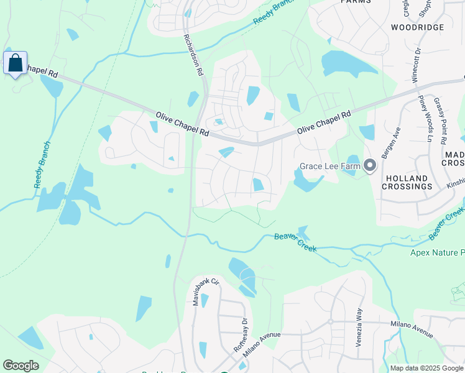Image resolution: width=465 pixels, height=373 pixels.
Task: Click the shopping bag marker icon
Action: click(x=15, y=63)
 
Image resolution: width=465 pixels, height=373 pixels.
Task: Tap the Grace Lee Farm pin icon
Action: click(x=371, y=165)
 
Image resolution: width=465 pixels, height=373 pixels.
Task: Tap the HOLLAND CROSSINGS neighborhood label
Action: click(x=407, y=182)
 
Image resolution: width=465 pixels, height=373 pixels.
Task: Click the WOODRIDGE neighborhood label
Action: click(x=418, y=27)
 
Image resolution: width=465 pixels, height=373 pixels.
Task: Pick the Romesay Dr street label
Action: click(x=239, y=336)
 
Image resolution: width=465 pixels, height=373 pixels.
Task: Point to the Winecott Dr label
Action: click(x=416, y=64)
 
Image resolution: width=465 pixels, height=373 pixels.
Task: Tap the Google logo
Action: click(x=21, y=366)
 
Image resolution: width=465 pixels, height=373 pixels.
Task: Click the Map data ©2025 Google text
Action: click(x=427, y=368)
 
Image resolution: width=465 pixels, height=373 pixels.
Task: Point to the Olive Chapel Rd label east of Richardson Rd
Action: click(x=323, y=122)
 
